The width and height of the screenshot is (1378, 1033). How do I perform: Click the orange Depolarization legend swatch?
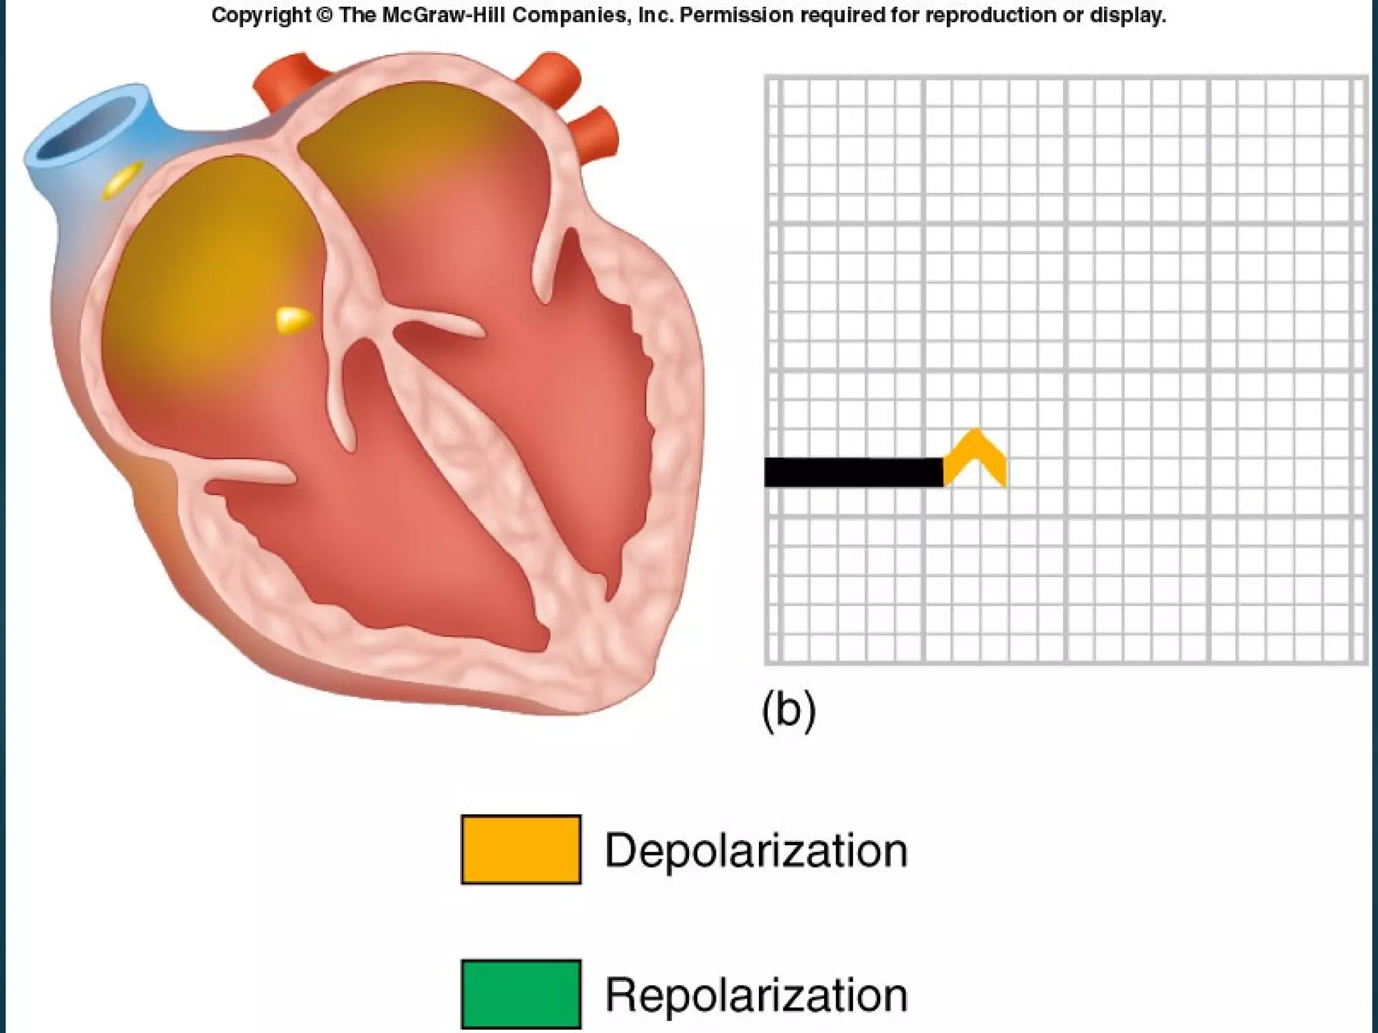pos(521,849)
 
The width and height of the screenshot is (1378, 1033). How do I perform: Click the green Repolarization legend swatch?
pos(521,993)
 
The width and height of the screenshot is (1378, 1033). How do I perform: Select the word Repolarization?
pos(756,995)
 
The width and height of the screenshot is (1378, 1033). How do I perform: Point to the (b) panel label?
pos(789,710)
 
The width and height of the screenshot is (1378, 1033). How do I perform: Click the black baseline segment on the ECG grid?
pos(853,471)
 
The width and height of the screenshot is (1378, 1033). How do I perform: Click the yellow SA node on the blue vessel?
pos(122,180)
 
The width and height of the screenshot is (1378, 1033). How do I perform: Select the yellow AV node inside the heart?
pos(294,320)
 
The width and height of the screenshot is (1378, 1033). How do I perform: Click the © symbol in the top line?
pos(324,15)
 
